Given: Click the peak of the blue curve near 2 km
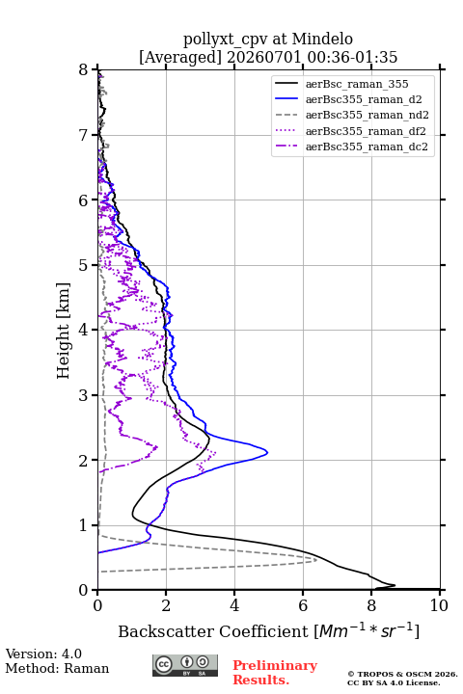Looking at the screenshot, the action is [x=267, y=452].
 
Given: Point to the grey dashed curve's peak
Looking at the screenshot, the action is [x=316, y=560].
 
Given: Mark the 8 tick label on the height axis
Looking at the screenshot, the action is [x=84, y=70].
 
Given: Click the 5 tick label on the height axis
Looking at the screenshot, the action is [x=84, y=266].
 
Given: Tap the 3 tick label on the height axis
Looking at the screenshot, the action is [x=84, y=395].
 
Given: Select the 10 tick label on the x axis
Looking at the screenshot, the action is [x=439, y=605].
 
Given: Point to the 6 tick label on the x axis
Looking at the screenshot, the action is [x=303, y=605].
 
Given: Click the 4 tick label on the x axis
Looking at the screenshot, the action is [x=234, y=605].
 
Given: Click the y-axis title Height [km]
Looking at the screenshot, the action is [x=64, y=331].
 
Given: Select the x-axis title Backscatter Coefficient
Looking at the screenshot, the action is [x=213, y=631].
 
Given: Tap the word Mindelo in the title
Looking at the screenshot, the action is [x=322, y=40].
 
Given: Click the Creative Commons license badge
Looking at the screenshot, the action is [x=185, y=666].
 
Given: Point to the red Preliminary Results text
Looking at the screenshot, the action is [x=275, y=673].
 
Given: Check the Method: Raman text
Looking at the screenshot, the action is [x=57, y=668].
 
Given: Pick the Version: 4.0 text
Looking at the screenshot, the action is [x=43, y=654].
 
